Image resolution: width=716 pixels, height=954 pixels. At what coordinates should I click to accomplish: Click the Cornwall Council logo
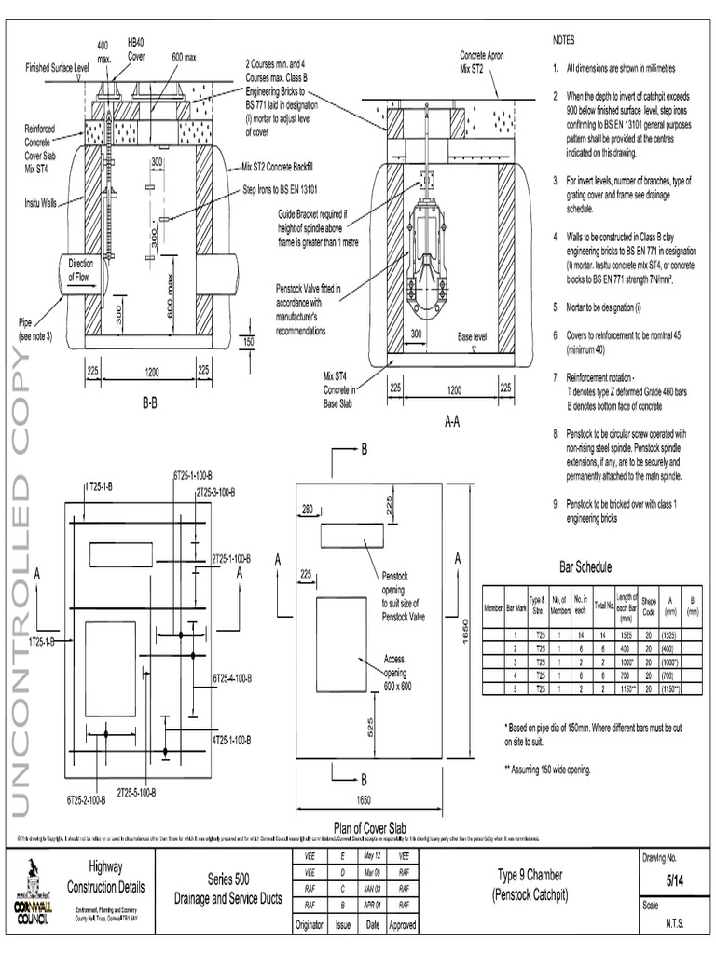[x=34, y=890]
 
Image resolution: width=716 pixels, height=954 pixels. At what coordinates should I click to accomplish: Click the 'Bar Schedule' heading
[x=585, y=566]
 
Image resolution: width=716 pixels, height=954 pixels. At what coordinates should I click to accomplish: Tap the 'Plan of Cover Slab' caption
[x=379, y=826]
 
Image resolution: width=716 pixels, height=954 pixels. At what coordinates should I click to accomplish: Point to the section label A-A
[x=452, y=421]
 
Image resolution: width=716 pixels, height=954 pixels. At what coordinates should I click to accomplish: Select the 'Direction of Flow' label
[x=81, y=269]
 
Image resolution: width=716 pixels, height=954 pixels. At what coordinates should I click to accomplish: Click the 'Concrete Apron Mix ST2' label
[x=482, y=61]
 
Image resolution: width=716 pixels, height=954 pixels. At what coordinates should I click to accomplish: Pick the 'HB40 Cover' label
[x=136, y=49]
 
